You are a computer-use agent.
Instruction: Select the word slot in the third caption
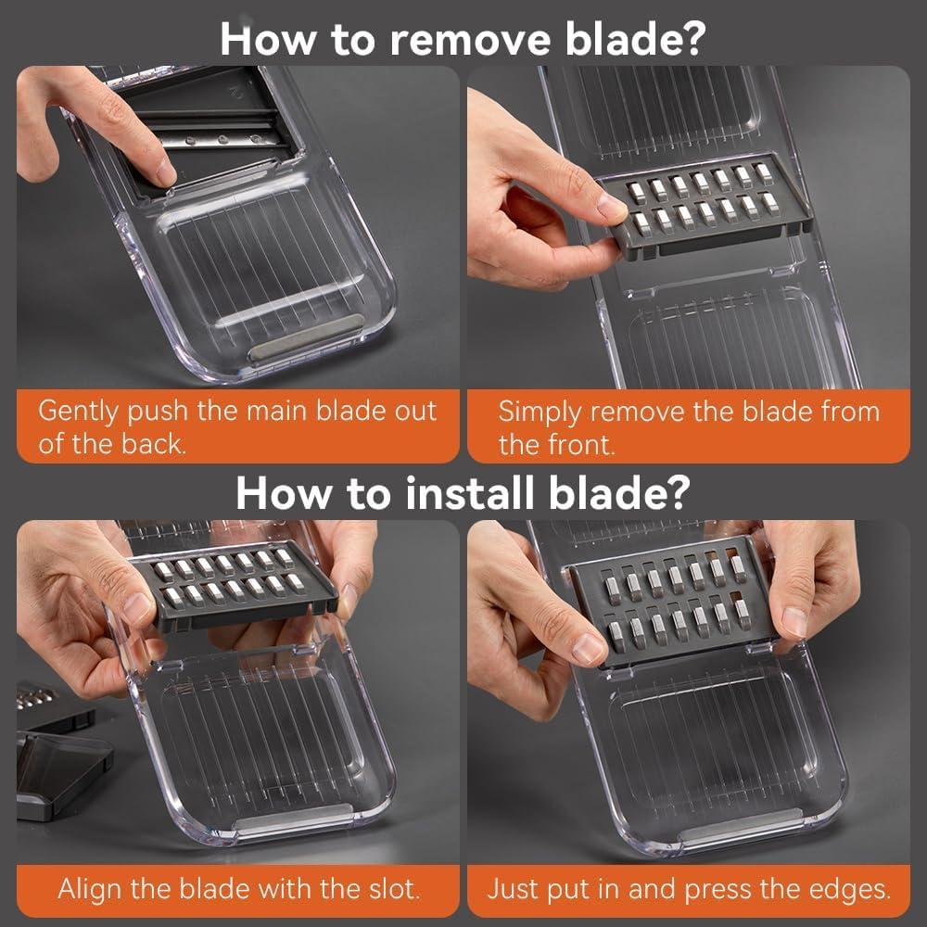pos(395,889)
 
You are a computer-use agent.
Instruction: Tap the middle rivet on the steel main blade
pos(222,140)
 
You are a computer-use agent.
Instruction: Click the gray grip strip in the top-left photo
pos(306,337)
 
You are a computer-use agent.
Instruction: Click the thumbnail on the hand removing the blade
pos(611,205)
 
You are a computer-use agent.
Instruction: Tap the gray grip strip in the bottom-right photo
pos(742,827)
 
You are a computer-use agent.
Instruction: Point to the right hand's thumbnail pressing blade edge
pos(794,620)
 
